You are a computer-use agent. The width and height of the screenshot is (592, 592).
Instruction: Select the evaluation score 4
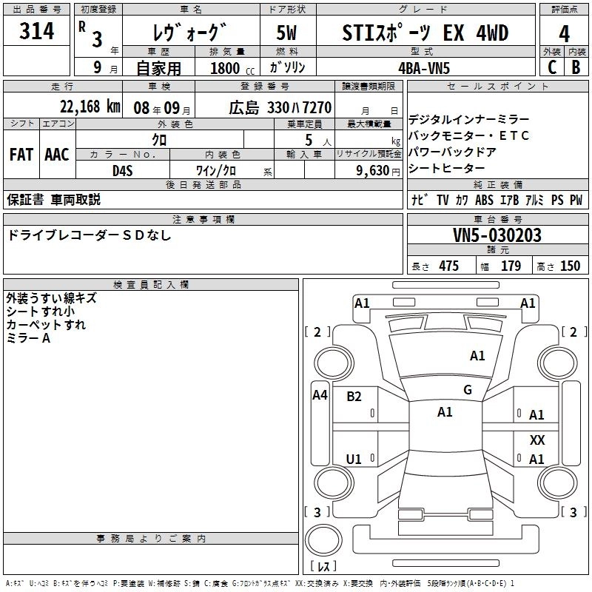564,34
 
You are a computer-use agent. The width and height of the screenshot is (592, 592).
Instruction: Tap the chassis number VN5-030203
497,236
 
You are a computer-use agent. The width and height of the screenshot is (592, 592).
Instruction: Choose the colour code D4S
122,170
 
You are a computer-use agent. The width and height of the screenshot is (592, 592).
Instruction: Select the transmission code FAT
21,155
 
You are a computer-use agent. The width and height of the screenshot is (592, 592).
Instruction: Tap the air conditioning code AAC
56,155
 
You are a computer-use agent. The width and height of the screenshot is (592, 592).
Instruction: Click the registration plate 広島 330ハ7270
280,107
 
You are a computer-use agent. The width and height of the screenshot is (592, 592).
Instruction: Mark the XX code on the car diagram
537,440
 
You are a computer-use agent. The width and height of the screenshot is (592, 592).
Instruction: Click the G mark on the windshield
468,390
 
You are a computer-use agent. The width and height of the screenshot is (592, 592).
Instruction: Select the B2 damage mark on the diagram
354,396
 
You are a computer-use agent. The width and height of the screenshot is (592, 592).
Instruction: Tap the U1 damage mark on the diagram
354,460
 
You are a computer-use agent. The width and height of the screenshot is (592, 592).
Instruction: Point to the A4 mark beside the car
320,395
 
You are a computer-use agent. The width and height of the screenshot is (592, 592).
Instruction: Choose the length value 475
448,266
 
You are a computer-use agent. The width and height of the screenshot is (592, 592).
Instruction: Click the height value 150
570,266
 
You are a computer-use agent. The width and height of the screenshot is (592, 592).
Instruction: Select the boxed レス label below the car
323,567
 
